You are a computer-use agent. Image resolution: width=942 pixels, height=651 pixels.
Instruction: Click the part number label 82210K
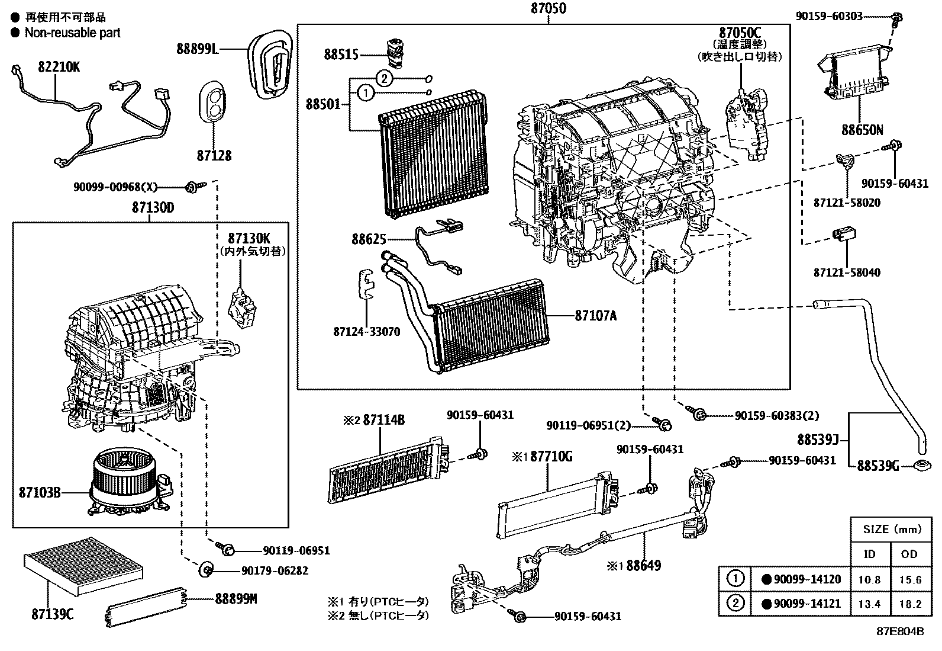pyautogui.click(x=59, y=67)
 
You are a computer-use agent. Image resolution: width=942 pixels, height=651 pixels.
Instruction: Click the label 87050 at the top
pyautogui.click(x=548, y=8)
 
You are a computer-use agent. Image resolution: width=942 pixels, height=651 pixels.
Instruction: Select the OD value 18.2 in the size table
pyautogui.click(x=909, y=604)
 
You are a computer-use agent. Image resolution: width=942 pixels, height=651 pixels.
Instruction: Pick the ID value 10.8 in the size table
pyautogui.click(x=869, y=579)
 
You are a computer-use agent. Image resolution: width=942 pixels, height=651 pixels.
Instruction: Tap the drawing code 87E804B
pyautogui.click(x=900, y=631)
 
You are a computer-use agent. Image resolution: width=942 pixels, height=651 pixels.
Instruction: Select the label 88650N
pyautogui.click(x=862, y=130)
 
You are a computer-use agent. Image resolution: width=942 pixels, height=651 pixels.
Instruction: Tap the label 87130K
pyautogui.click(x=249, y=238)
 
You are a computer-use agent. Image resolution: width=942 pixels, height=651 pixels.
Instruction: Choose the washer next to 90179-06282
pyautogui.click(x=206, y=570)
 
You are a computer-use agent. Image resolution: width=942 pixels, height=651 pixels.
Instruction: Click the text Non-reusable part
pyautogui.click(x=72, y=33)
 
